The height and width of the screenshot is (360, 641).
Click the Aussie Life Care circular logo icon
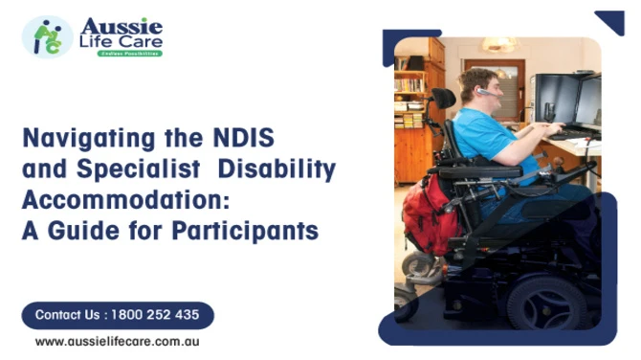click(47, 35)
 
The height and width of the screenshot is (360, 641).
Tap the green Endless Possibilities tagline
click(130, 54)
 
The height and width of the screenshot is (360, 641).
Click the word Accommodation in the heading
click(118, 202)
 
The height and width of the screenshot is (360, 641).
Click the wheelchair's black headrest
click(444, 99)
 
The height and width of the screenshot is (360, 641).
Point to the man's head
click(476, 86)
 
